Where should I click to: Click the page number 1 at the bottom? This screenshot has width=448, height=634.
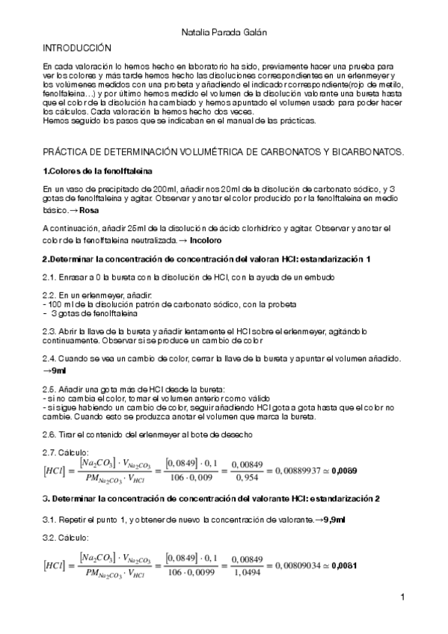(x=402, y=597)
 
